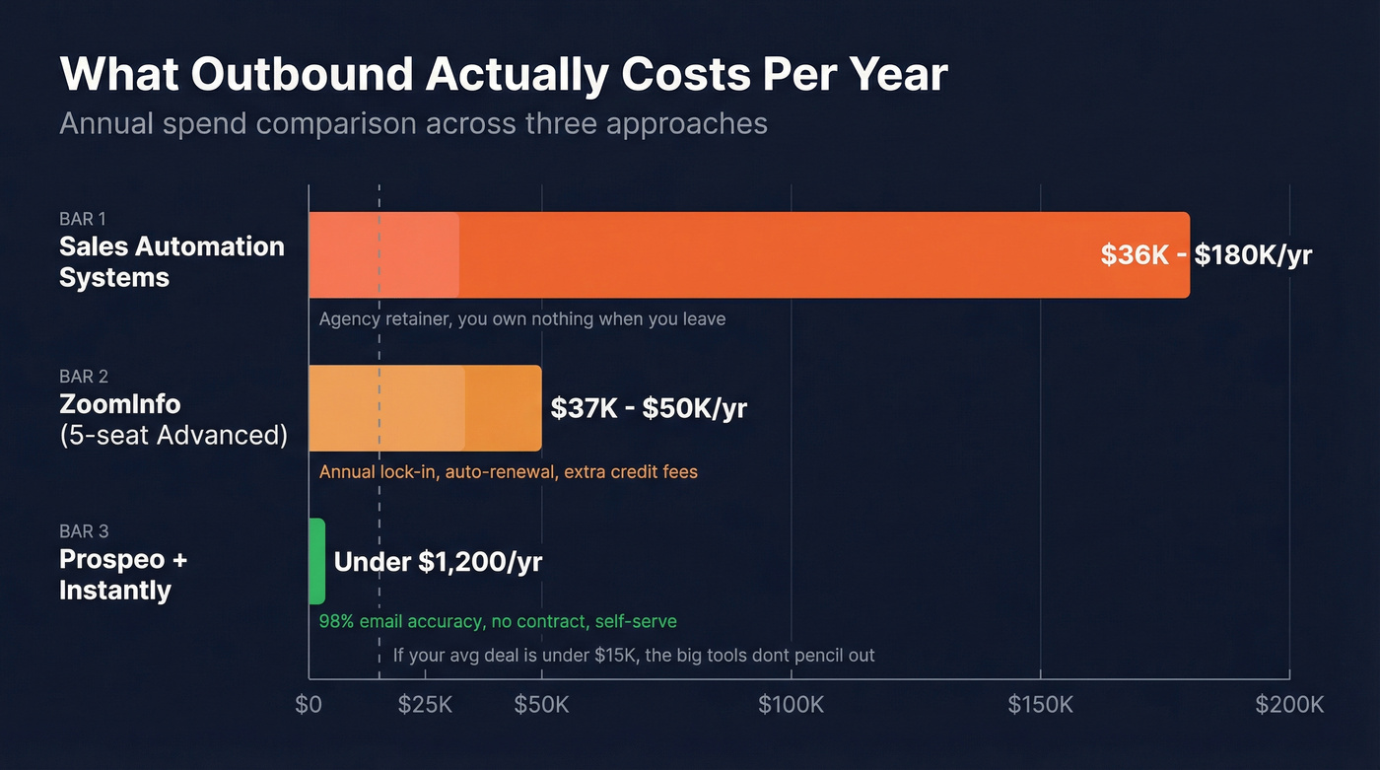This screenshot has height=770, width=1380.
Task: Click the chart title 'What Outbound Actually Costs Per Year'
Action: coord(504,76)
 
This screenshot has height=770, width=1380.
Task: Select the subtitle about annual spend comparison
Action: coord(413,123)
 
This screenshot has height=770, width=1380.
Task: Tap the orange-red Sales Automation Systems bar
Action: coord(748,255)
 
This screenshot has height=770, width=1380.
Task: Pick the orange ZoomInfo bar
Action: coord(425,408)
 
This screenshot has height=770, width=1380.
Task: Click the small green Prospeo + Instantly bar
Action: coord(316,561)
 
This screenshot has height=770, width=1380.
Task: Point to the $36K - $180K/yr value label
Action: coord(1206,255)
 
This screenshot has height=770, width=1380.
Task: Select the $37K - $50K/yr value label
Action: coord(649,408)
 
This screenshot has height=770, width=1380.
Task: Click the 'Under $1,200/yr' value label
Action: coord(438,562)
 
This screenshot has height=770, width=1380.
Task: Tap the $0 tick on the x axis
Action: coord(309,705)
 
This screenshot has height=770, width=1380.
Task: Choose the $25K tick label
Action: coord(425,705)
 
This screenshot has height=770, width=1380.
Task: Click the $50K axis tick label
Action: coord(541,705)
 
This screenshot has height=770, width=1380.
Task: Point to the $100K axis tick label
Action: coord(791,705)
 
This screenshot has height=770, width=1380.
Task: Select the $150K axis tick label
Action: coord(1040,705)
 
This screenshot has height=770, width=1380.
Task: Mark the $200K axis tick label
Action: coord(1288,705)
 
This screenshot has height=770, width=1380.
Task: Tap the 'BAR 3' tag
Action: coord(84,532)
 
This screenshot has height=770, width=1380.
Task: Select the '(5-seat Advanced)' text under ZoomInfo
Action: coord(173,435)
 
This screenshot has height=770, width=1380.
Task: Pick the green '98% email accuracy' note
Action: coord(498,622)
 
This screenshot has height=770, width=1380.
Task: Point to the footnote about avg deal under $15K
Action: coord(634,655)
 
